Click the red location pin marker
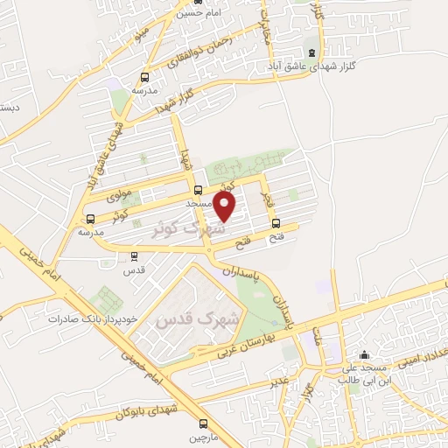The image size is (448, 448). point(226,206)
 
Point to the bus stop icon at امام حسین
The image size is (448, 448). point(198,3)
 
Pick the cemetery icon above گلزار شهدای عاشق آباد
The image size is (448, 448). point(313,53)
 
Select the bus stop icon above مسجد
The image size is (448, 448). point(199,189)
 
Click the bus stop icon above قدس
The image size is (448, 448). point(133,255)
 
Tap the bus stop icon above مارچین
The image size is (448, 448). point(204,423)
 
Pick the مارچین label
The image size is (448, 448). point(198,436)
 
